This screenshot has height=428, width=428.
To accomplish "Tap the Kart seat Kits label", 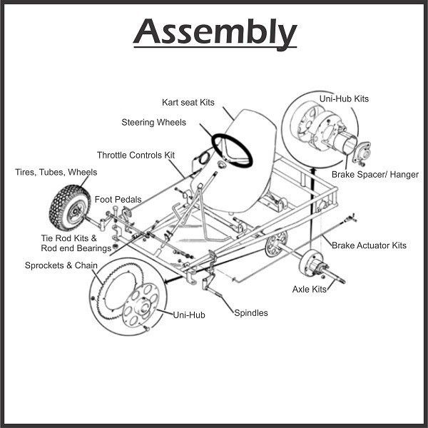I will [x=187, y=103].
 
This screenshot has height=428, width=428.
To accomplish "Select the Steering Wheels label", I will [x=153, y=123].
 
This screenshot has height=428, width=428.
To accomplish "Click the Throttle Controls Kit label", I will [x=136, y=155].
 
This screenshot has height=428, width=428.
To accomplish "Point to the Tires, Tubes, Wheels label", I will [x=56, y=172].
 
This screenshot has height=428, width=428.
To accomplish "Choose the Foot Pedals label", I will [x=118, y=199].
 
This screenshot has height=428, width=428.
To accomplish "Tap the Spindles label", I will [x=250, y=312].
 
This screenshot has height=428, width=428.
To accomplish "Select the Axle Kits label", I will [x=309, y=289].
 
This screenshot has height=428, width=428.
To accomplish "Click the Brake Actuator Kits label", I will [x=369, y=245].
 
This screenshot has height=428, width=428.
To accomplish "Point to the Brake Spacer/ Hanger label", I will [x=375, y=174].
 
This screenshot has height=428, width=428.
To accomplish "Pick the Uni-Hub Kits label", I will [x=365, y=98].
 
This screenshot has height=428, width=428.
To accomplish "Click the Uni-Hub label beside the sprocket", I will [x=188, y=314].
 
